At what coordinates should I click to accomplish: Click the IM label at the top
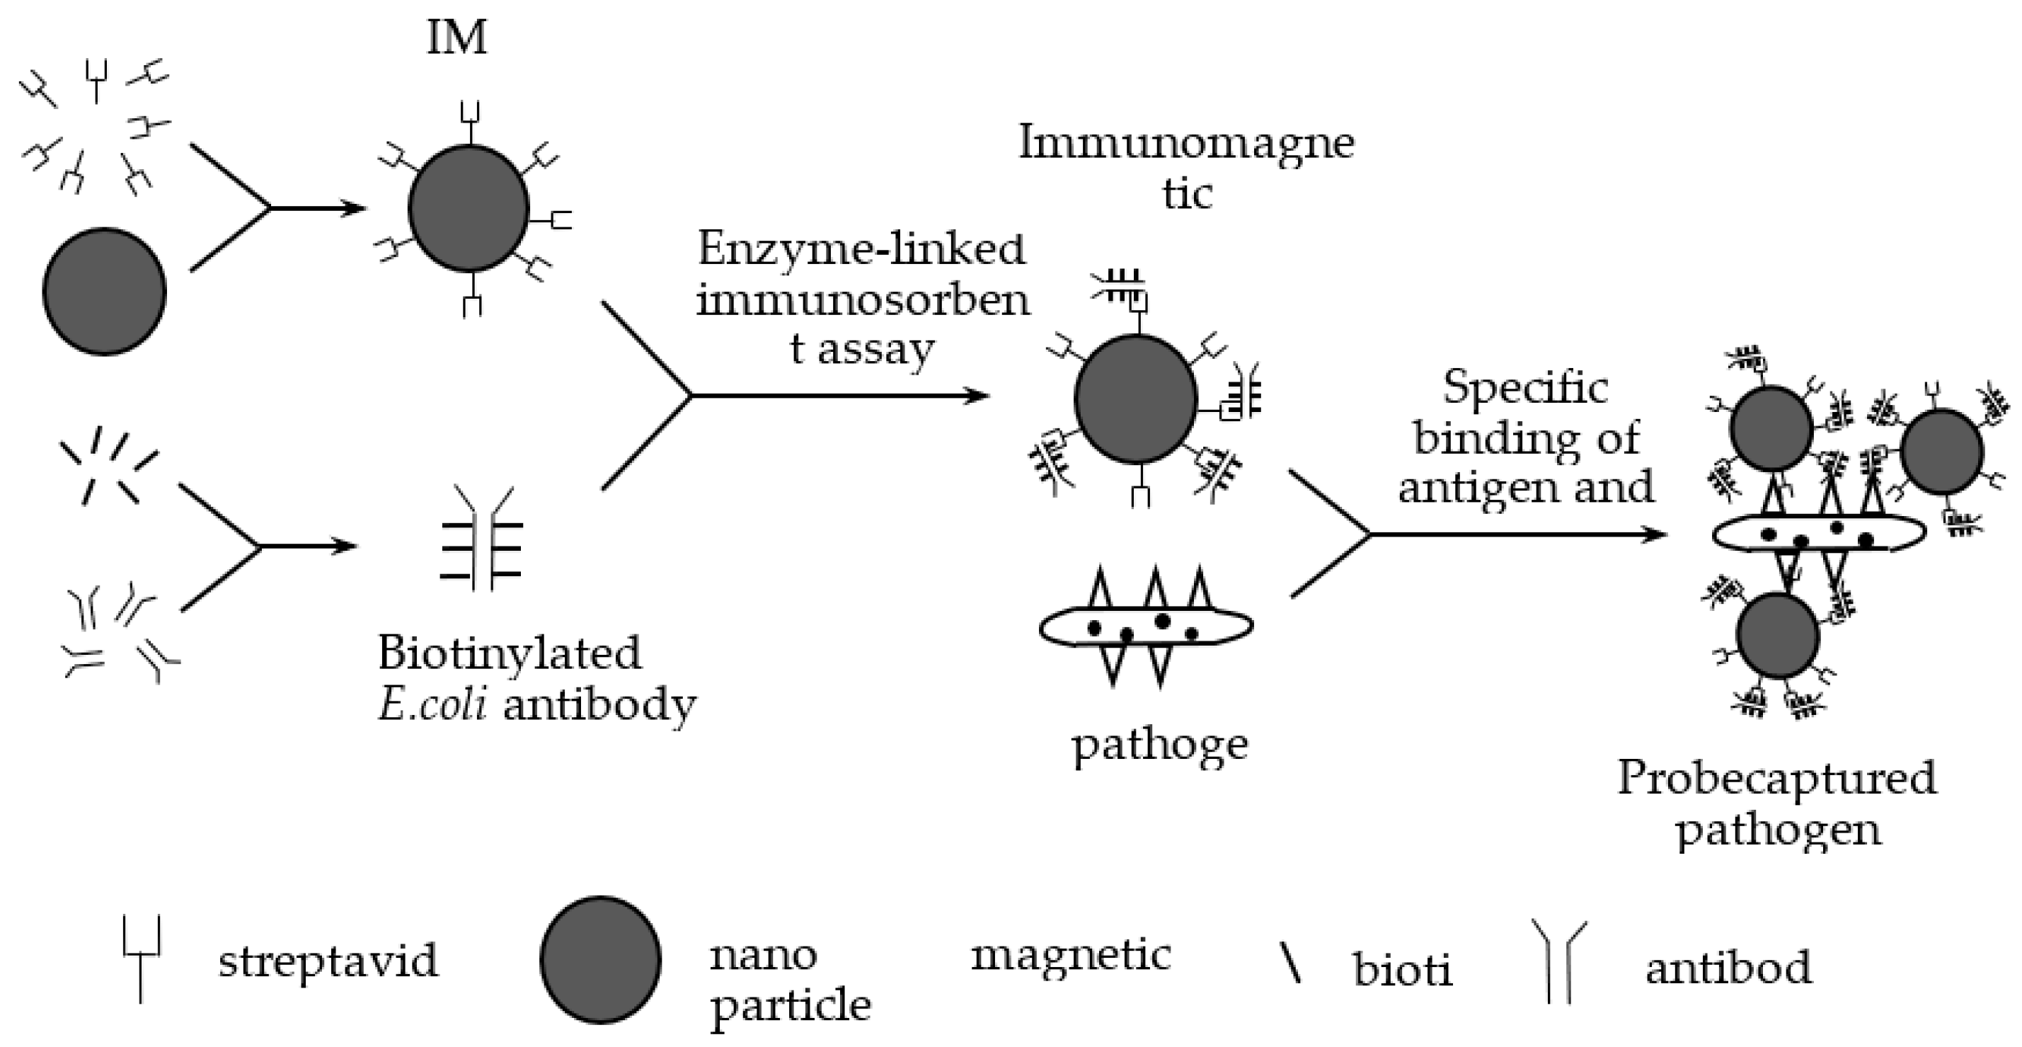pos(456,38)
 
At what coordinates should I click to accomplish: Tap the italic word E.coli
pos(431,704)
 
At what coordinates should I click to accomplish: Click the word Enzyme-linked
pos(861,250)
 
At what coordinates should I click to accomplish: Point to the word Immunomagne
pos(1186,144)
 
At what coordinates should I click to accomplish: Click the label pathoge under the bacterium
pos(1159,744)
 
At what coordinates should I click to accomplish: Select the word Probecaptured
pos(1777,779)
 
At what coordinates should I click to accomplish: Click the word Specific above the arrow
pos(1525,388)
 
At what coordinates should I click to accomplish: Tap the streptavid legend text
pos(328,961)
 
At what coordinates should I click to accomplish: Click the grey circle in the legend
pos(600,959)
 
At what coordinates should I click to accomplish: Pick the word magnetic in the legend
pos(1071,955)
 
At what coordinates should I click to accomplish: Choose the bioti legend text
pos(1402,969)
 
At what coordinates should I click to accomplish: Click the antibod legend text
pos(1728,967)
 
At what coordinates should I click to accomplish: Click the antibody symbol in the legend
pos(1559,961)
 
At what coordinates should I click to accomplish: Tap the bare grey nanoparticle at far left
pos(105,291)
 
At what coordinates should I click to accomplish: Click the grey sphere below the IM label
pos(469,208)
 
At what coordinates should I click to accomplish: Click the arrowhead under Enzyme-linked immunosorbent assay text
pos(977,396)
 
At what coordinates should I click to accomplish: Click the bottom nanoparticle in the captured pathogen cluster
pos(1777,636)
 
